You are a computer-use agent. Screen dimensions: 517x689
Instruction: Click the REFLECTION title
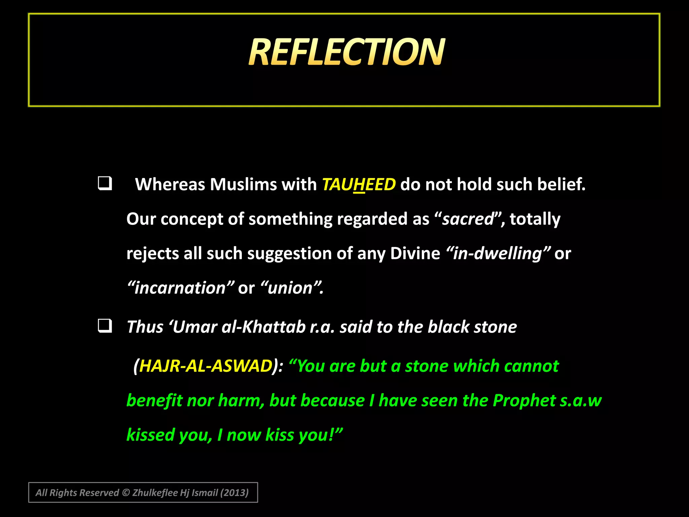347,52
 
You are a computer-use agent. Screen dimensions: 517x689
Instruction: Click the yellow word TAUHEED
359,184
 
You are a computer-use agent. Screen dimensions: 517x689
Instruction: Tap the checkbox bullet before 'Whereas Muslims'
105,184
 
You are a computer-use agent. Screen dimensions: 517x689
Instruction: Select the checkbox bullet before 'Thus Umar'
105,326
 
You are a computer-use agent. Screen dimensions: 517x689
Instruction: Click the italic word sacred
468,219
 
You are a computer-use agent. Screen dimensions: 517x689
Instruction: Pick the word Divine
415,253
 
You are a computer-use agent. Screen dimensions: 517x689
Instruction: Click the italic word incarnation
180,288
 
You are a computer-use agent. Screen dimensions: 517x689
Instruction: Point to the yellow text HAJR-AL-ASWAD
206,366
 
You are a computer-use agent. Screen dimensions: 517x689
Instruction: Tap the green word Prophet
524,401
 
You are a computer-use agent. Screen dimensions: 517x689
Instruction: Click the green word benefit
154,401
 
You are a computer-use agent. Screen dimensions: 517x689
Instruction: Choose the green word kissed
150,435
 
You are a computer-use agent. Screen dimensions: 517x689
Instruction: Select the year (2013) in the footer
234,493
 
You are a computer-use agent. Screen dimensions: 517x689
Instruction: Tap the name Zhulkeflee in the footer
155,493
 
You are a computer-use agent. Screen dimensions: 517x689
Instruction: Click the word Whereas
170,184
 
